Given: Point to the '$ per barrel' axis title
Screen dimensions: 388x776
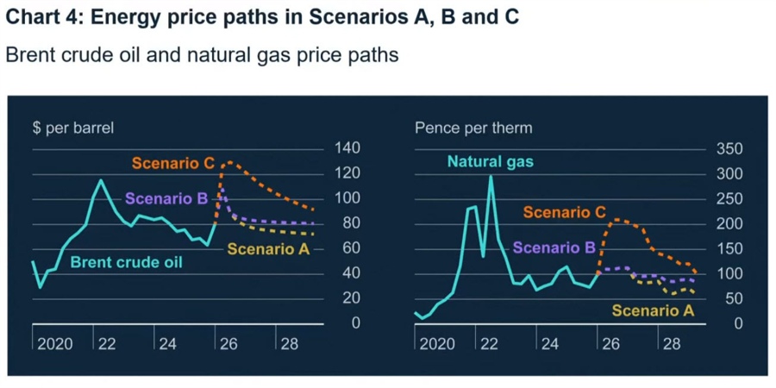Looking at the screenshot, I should pos(72,128).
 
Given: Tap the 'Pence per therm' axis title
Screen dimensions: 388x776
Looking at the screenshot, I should pos(473,128).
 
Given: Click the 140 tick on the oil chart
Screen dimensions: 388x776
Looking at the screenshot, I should pos(347,148).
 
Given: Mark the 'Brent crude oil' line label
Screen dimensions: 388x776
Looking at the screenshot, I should pos(126,262).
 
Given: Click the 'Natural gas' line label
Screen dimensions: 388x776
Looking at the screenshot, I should pos(490,161).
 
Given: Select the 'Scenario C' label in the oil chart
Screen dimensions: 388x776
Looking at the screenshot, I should pos(173,162).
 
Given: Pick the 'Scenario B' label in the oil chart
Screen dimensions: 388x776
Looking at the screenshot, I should pos(166,198).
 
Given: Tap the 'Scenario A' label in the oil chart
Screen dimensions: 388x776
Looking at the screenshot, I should pos(268,249).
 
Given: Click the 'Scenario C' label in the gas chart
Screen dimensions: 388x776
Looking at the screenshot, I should pos(564,211).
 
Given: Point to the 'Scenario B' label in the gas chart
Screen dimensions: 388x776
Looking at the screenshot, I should pos(554,247).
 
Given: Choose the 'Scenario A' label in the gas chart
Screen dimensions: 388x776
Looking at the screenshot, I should pos(652,310).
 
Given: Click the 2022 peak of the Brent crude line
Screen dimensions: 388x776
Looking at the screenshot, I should pos(101,180).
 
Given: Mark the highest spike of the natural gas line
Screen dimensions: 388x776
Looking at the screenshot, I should pos(491,177).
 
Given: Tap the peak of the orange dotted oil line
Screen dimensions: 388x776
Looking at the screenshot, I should pos(226,161).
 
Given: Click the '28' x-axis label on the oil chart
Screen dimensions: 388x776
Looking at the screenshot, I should pos(289,343).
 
